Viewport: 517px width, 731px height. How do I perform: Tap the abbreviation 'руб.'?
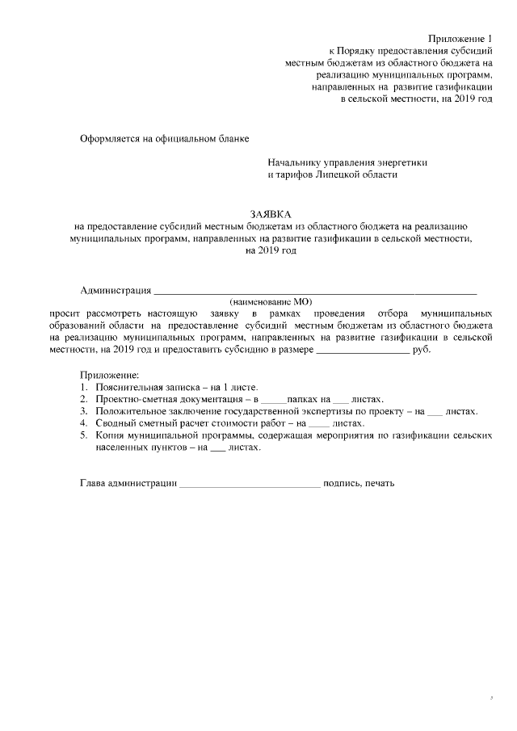coord(422,349)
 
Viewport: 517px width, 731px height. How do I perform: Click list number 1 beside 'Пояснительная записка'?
coord(84,388)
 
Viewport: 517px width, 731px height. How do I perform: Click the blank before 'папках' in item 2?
coord(274,400)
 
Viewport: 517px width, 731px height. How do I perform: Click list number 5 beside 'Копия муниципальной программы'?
coord(84,435)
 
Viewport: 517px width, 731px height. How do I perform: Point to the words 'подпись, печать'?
coord(359,484)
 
